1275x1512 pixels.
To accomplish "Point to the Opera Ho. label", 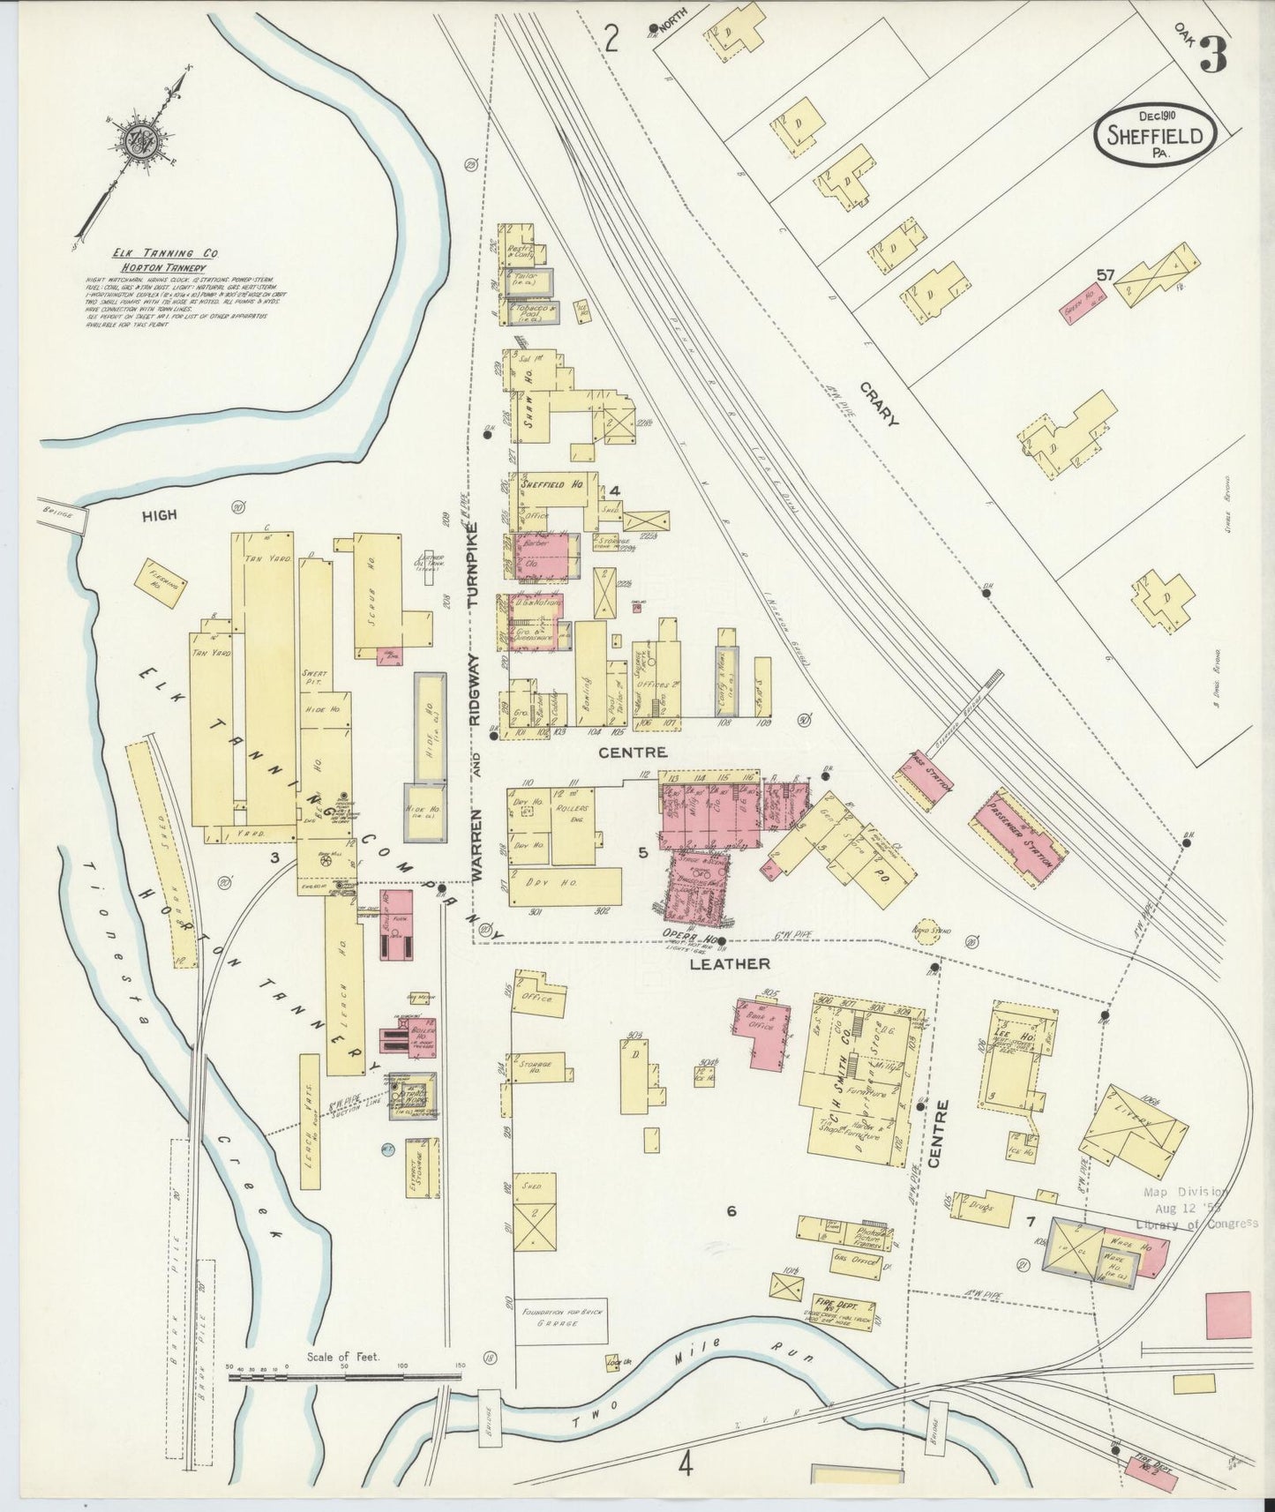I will [x=687, y=935].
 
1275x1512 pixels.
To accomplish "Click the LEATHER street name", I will [x=729, y=963].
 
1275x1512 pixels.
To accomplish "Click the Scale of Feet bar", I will [x=344, y=1374].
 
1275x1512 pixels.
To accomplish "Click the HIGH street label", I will [x=159, y=515].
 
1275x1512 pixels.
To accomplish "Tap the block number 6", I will [x=731, y=1211].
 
